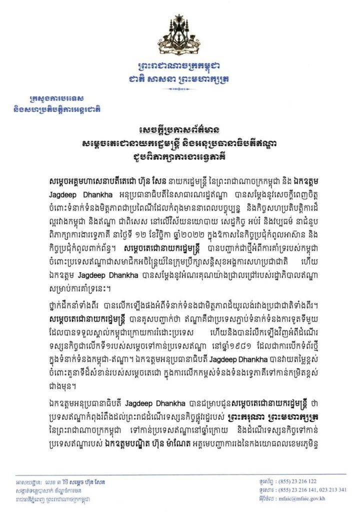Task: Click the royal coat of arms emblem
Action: (179, 42)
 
